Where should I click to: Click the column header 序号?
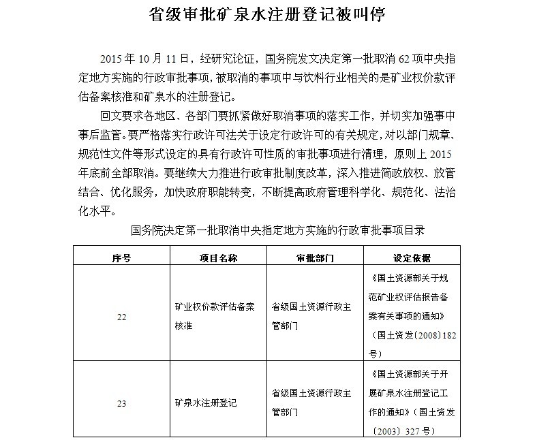(121, 258)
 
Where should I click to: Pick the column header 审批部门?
(316, 258)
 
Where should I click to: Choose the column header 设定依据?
(412, 258)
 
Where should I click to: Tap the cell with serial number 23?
(121, 403)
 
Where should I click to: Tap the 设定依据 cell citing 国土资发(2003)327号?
(411, 403)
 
